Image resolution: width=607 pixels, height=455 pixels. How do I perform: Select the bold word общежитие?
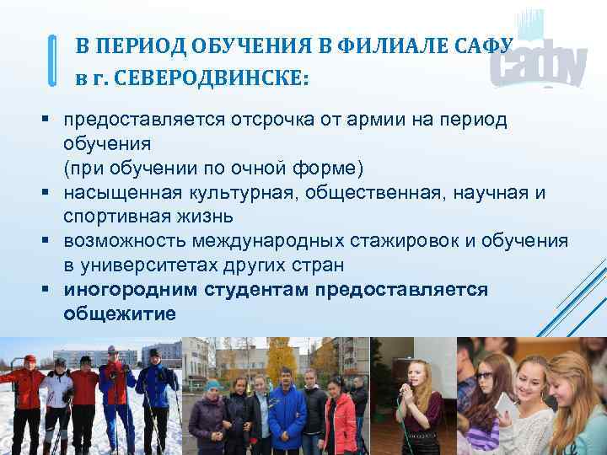pos(120,313)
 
